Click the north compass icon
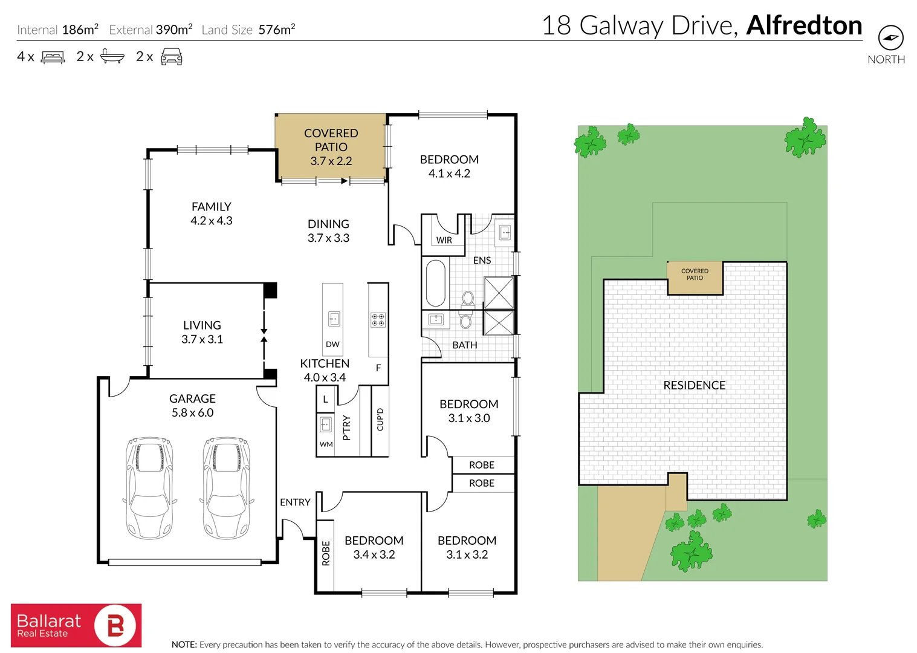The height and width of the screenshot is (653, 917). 890,38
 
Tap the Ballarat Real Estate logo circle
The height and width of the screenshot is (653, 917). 115,625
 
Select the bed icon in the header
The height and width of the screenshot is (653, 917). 53,57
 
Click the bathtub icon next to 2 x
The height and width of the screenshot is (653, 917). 112,57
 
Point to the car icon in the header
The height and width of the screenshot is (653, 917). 172,57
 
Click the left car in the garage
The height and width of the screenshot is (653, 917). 149,488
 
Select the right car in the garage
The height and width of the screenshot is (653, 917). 226,488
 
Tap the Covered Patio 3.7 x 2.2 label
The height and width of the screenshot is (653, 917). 331,147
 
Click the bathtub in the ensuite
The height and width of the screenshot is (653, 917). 435,283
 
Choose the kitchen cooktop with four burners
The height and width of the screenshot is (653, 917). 378,319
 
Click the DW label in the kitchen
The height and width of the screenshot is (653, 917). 332,345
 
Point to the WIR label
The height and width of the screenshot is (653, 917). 444,240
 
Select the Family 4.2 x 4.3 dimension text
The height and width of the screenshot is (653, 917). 212,221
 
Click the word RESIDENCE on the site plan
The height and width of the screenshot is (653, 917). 694,385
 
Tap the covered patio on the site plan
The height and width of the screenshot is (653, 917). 695,278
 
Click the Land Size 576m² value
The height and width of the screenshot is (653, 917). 276,30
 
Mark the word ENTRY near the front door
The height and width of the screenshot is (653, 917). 295,502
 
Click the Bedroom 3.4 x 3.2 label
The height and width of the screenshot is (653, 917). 374,547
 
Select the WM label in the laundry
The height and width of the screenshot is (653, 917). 326,444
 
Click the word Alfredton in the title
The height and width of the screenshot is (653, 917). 804,25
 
